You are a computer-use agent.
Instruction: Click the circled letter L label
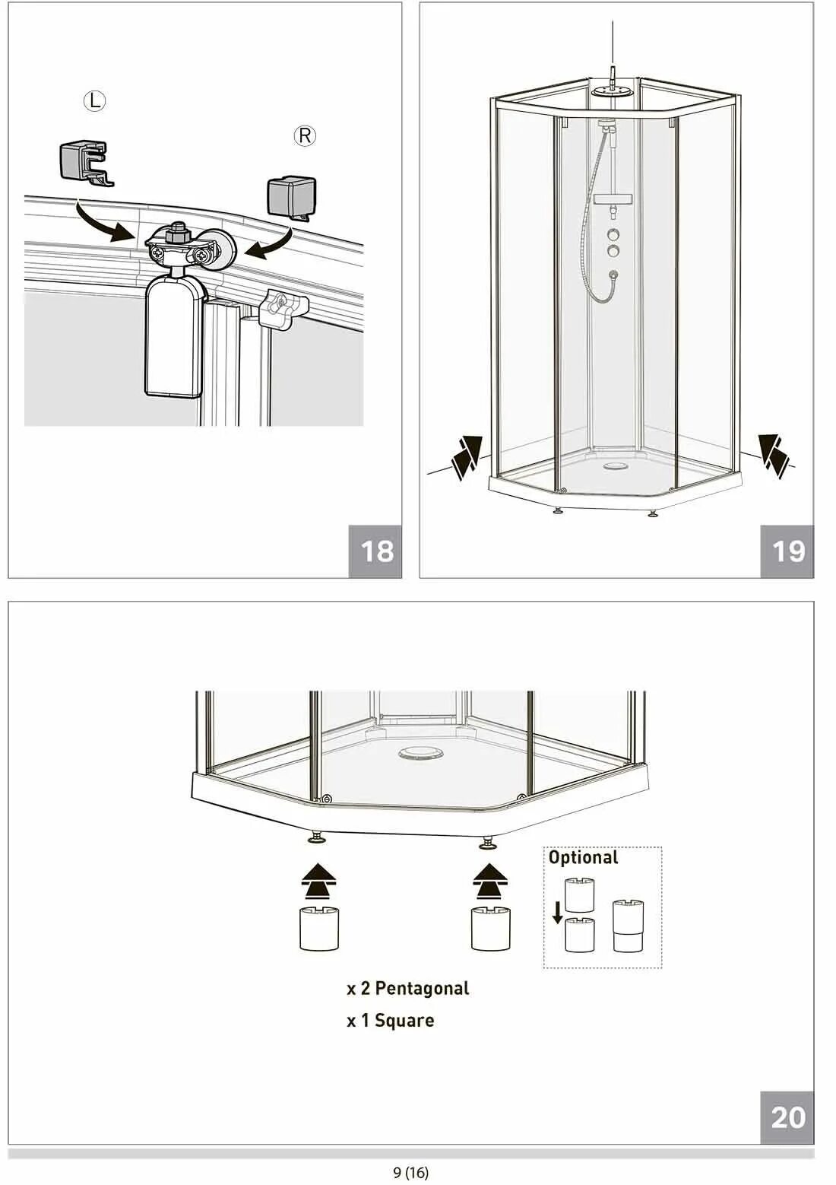point(95,101)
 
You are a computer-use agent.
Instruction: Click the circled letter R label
point(305,137)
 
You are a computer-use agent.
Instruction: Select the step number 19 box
point(787,551)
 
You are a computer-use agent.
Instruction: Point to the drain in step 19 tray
point(615,466)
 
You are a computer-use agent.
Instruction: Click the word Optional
point(584,857)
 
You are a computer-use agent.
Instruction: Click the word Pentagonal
point(422,988)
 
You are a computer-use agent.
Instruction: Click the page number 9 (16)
point(411,1172)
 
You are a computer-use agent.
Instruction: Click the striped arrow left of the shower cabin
point(467,457)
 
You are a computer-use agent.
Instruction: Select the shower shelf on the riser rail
point(613,199)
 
